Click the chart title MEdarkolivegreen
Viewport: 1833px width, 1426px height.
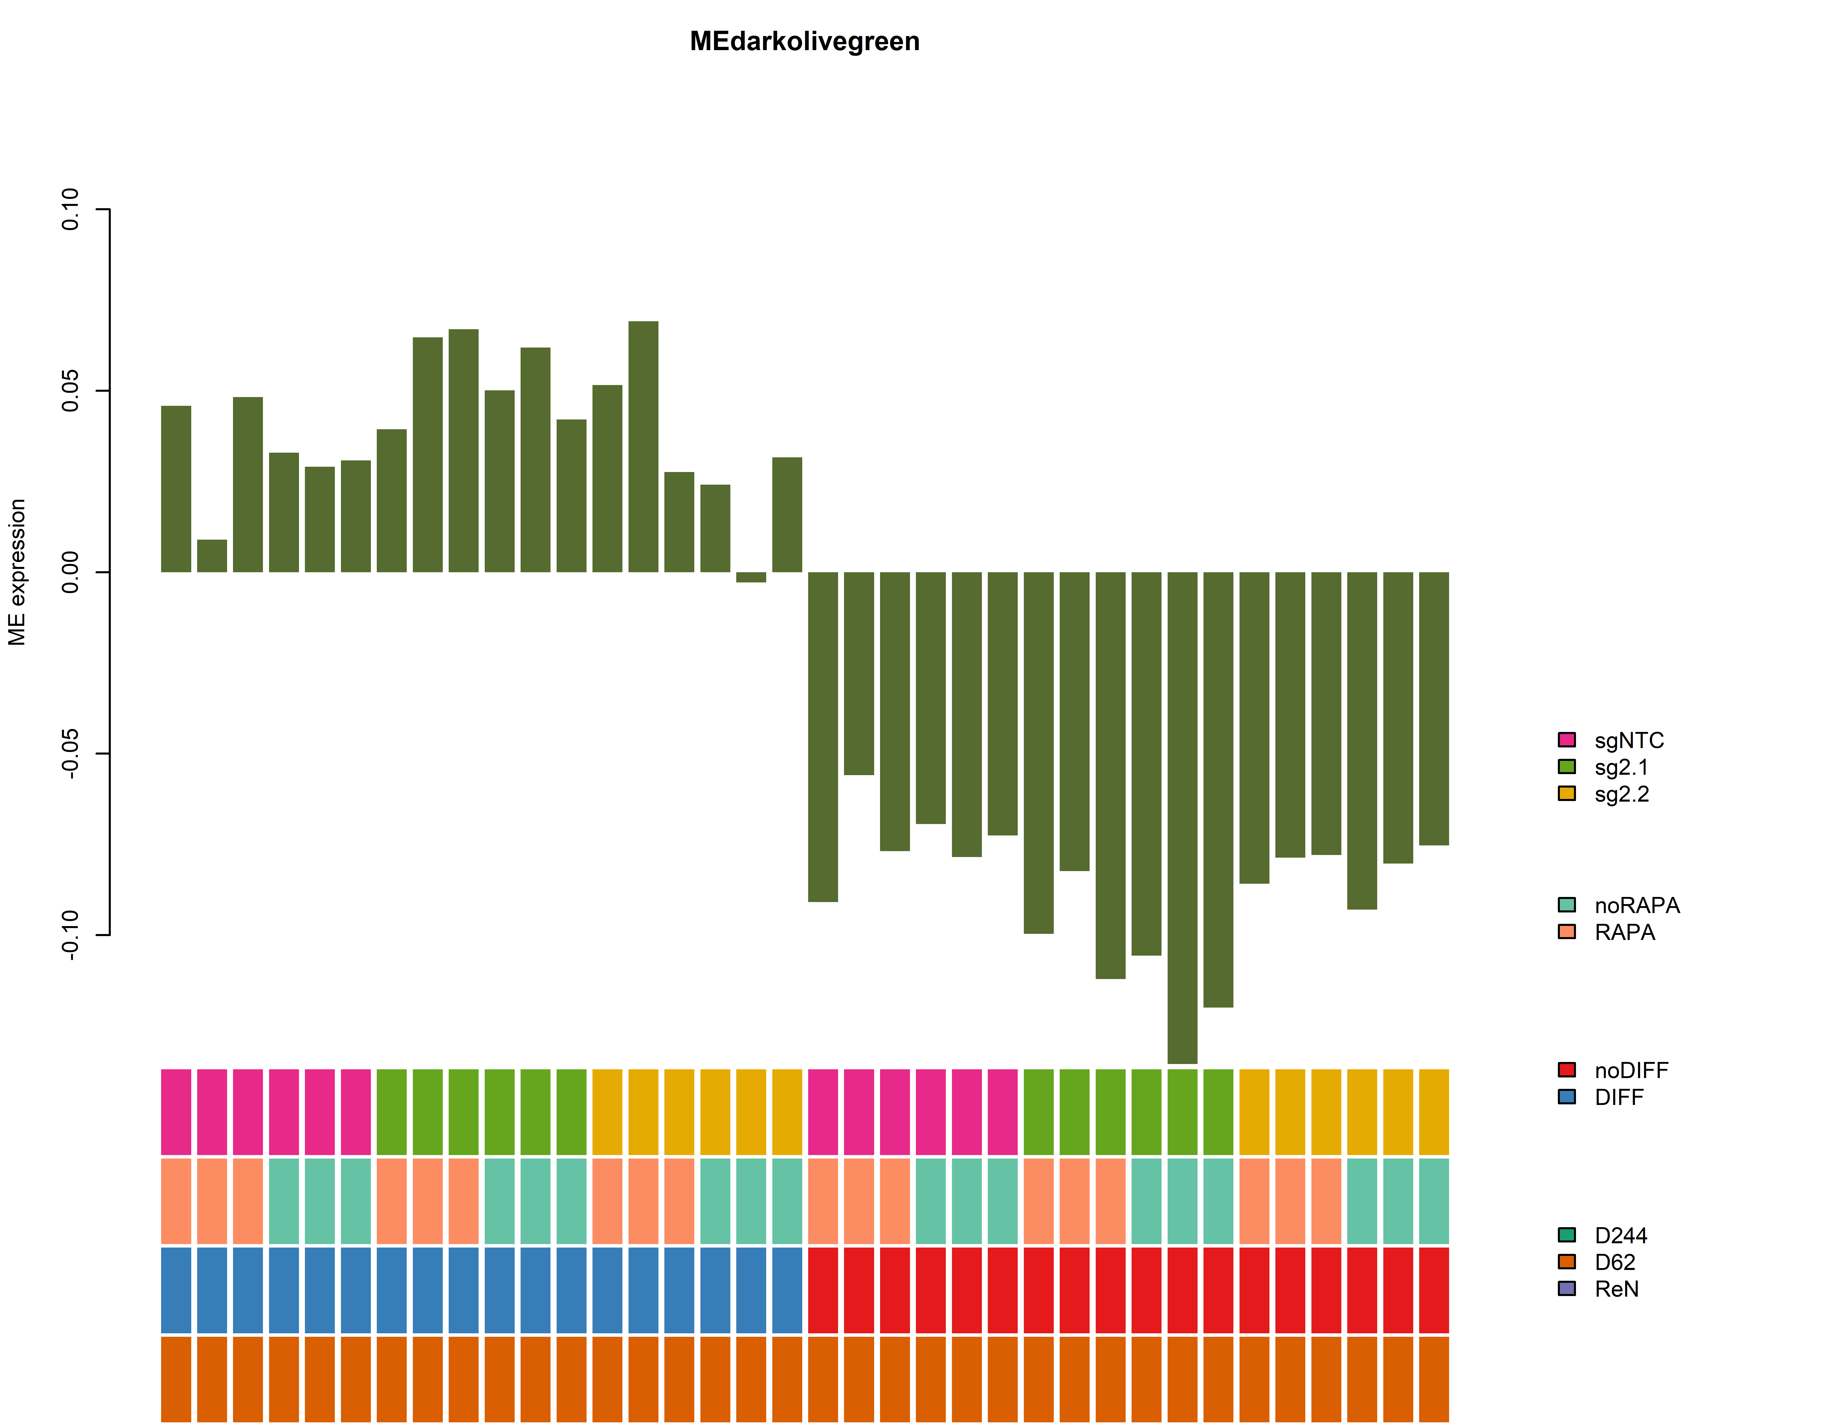(804, 42)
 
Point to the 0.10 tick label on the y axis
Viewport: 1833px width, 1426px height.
(70, 209)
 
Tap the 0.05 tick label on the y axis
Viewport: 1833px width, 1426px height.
(70, 391)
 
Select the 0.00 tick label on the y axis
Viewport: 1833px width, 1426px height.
(70, 572)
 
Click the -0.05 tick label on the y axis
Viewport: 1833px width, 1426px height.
(70, 754)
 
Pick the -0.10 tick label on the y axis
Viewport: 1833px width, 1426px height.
(70, 935)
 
